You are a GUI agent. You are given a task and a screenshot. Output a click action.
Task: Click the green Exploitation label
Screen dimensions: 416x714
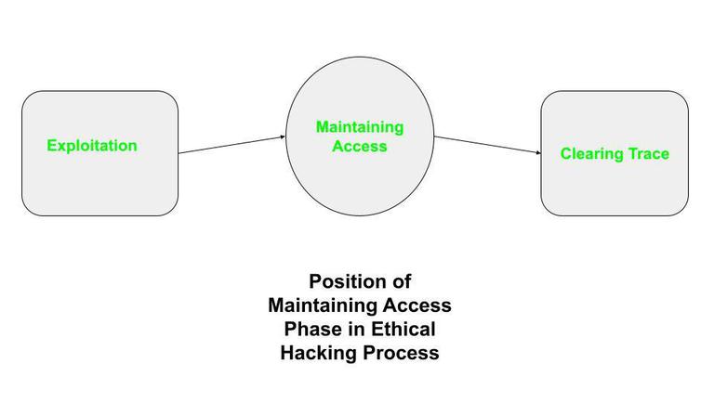pos(92,146)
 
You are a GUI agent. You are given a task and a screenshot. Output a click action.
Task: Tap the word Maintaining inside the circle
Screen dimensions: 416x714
pos(360,127)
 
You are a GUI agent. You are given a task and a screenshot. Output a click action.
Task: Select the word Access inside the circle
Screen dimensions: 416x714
pos(360,146)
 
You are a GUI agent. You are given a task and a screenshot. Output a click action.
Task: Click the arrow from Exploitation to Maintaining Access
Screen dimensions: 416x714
pos(231,145)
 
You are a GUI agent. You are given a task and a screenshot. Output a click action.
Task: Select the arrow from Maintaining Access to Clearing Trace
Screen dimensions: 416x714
pos(488,145)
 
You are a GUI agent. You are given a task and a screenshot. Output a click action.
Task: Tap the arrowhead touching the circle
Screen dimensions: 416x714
pos(282,137)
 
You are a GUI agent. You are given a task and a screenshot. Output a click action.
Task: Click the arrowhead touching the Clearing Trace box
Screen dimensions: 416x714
pos(537,152)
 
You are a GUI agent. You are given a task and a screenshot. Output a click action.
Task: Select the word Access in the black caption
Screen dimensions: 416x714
pos(420,305)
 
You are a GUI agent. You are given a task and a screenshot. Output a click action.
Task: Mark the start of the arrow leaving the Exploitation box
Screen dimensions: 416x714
pos(180,152)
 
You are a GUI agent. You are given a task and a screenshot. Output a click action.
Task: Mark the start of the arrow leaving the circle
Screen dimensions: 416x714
pos(436,137)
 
